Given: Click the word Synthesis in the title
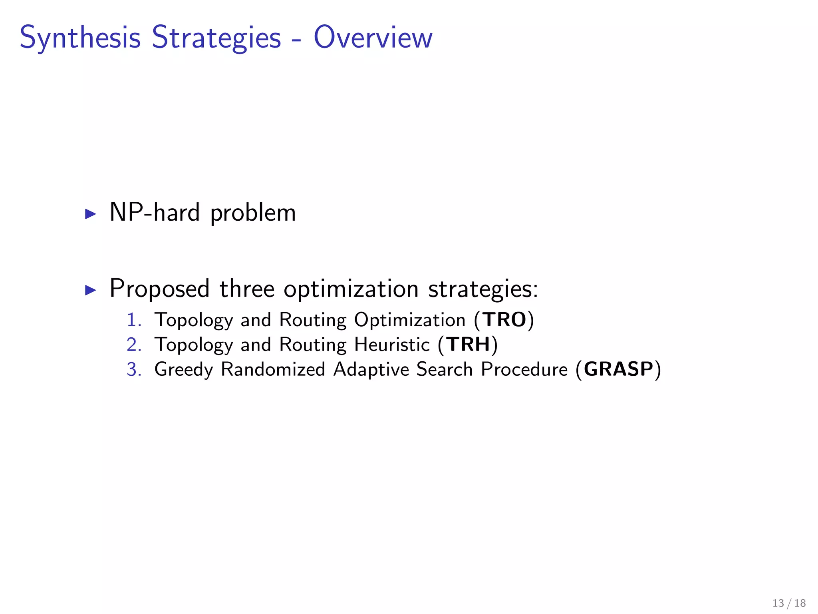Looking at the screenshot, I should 80,38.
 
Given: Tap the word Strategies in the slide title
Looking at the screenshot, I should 216,38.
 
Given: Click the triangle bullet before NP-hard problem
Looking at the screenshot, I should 91,214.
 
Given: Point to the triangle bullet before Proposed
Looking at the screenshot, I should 91,290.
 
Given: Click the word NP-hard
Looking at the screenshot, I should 154,212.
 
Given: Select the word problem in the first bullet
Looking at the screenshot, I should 253,213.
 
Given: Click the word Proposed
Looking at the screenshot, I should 159,289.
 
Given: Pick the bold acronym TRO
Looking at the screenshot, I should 504,320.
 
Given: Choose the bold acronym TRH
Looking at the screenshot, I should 468,345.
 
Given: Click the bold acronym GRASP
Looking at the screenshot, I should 618,369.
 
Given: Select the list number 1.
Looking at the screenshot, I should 133,320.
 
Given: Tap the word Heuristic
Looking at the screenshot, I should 392,345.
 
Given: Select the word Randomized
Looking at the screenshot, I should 273,369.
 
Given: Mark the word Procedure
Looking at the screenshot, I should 524,369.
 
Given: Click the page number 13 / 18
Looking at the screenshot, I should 789,603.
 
